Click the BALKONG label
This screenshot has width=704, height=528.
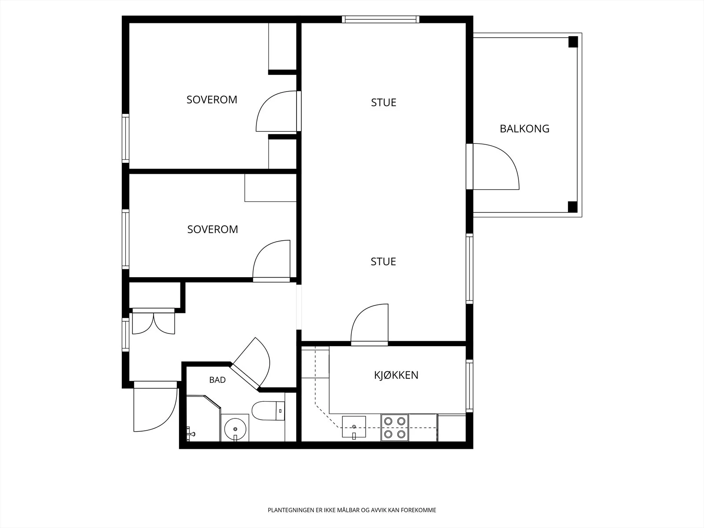point(524,128)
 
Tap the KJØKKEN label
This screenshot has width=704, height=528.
point(396,375)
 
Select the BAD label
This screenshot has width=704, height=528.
point(217,380)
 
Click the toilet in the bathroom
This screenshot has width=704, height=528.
point(268,411)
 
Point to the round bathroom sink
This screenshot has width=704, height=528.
point(235,429)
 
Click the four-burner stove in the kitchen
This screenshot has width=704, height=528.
point(395,428)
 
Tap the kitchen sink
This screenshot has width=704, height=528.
point(354,427)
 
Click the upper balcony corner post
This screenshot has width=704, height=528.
point(573,42)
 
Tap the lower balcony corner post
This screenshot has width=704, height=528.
point(573,207)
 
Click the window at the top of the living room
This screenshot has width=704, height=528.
point(381,19)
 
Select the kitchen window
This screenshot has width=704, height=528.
point(469,386)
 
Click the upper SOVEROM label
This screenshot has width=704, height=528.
point(212,100)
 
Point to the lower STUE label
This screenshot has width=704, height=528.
point(383,262)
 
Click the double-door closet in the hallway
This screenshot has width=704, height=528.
point(154,322)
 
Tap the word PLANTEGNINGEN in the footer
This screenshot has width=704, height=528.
point(291,510)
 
